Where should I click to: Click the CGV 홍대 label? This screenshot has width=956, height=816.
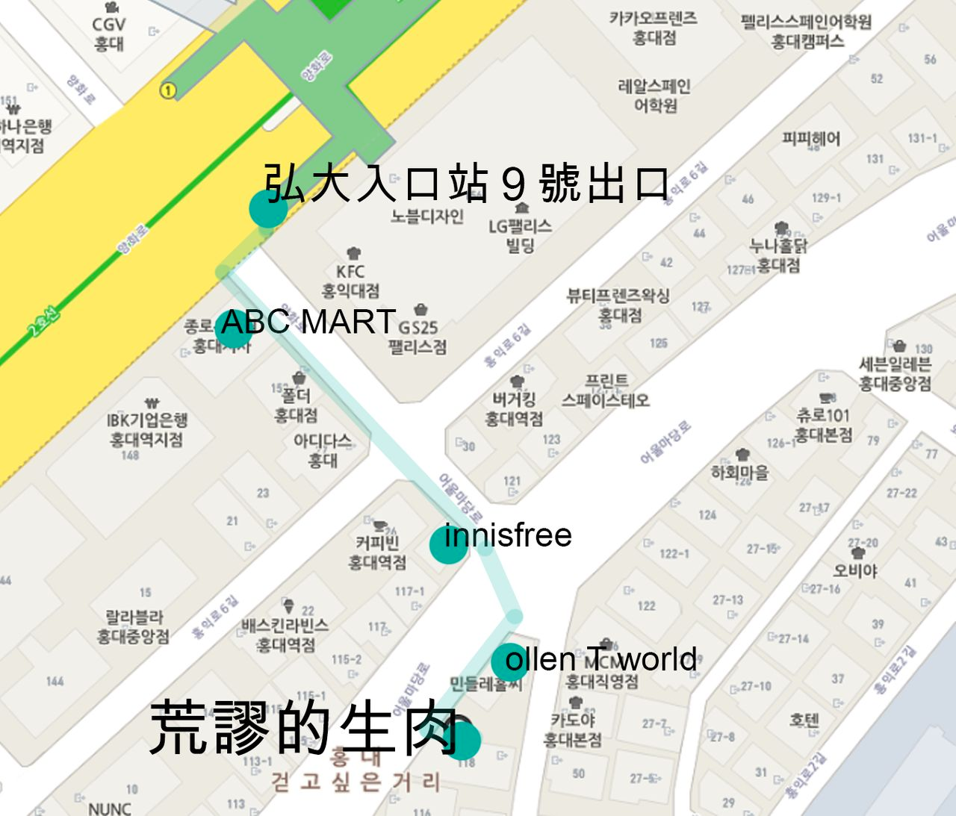tap(109, 34)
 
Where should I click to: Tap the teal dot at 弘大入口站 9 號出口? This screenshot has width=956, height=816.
tap(268, 209)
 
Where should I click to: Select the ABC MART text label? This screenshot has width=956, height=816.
tap(308, 322)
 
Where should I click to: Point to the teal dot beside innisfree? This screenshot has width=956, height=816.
tap(447, 545)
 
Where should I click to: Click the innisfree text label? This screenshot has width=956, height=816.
tap(508, 535)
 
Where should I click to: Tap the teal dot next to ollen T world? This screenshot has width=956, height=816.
tap(509, 661)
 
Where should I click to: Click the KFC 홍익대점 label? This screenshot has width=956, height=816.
tap(350, 281)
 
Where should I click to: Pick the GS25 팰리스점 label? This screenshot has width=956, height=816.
tap(418, 337)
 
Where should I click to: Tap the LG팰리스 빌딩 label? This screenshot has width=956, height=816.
tap(520, 235)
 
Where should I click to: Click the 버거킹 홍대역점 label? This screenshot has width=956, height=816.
tap(514, 409)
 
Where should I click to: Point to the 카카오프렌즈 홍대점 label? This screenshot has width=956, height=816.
tap(654, 28)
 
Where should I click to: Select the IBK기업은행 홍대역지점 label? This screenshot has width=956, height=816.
tap(146, 430)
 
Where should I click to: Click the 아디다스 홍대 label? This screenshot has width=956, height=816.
tap(323, 450)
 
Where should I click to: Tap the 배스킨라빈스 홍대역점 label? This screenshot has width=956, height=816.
tap(285, 635)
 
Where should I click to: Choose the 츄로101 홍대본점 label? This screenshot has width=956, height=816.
tap(822, 425)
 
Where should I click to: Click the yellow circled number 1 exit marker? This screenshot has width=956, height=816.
tap(168, 90)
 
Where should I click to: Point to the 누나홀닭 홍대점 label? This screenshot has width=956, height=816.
tap(778, 255)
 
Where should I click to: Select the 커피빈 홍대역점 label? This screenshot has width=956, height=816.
tap(377, 552)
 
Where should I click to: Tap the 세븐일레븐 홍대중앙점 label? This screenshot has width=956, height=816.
tap(895, 374)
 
